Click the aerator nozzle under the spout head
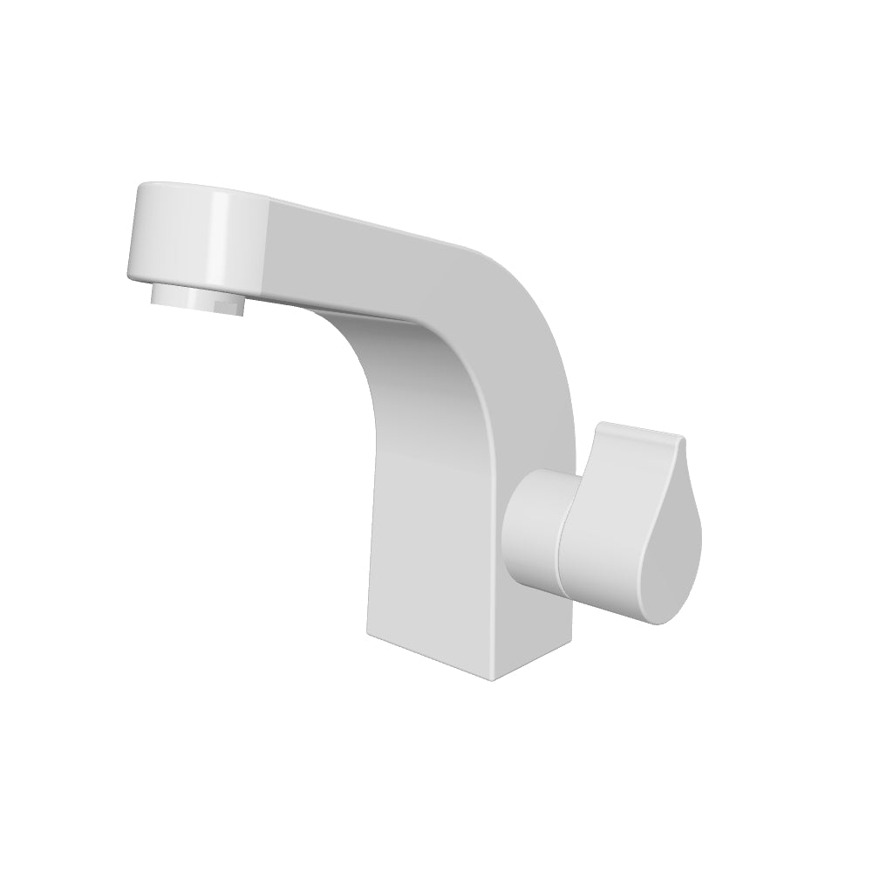click(196, 297)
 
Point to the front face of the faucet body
click(427, 523)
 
